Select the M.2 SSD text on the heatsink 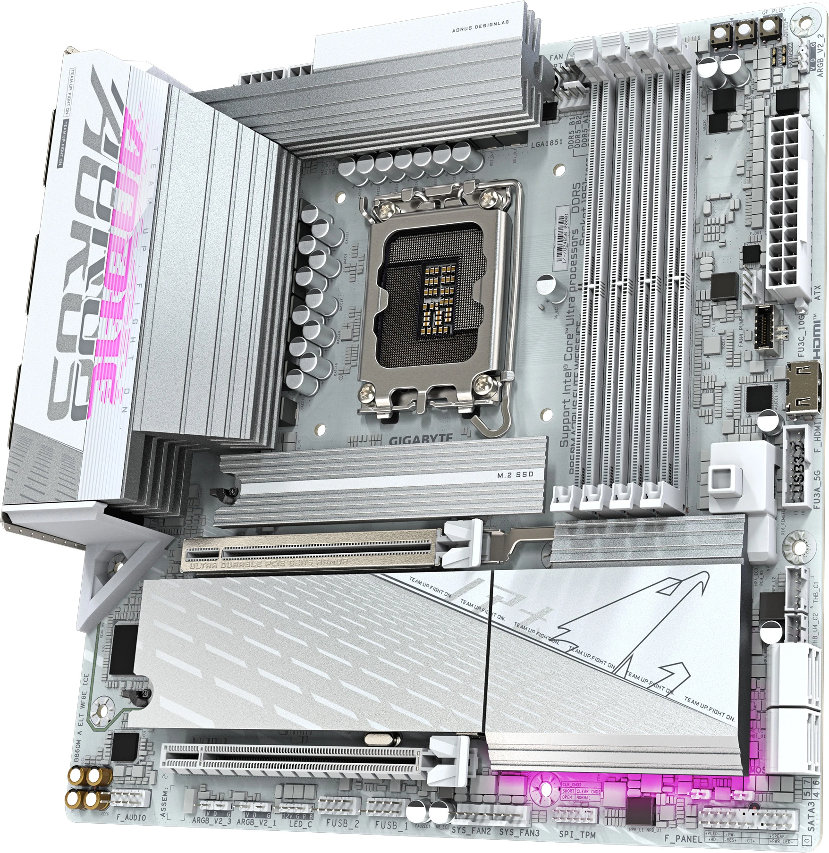tap(515, 474)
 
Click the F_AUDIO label tap(131, 817)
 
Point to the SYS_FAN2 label tap(471, 830)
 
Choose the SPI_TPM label tap(577, 834)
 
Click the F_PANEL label tap(683, 838)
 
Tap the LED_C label tap(300, 824)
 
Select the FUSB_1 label tap(391, 825)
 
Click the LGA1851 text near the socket tap(547, 143)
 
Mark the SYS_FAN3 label tap(519, 832)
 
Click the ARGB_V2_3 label tap(211, 820)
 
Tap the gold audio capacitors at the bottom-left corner tap(90, 788)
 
